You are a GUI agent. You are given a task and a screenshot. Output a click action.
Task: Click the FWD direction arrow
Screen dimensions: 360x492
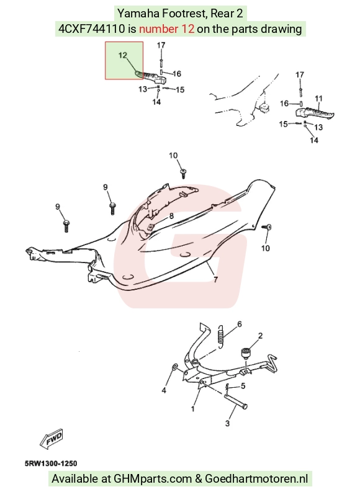coord(52,439)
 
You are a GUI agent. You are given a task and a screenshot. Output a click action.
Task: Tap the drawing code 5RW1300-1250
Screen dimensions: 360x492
coord(51,463)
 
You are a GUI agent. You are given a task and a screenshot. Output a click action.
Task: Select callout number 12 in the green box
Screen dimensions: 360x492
coord(123,55)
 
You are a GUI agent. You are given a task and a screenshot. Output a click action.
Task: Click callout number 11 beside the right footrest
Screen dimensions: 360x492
coord(318,99)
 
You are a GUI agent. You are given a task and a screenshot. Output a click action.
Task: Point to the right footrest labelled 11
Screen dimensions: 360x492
coord(315,113)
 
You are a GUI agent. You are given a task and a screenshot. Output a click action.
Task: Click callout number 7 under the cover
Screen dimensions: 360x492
coord(215,279)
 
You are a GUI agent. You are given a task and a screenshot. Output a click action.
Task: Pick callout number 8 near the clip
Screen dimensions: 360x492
coord(171,216)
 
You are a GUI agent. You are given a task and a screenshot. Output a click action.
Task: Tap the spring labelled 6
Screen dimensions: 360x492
coord(221,337)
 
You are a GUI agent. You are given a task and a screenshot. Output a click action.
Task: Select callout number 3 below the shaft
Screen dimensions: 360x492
coord(227,423)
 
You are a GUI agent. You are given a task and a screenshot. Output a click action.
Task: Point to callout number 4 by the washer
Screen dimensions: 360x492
coord(164,390)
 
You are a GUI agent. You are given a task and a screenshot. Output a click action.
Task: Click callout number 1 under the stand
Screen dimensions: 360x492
coord(192,409)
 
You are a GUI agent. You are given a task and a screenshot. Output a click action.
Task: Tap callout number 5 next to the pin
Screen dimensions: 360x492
coord(243,386)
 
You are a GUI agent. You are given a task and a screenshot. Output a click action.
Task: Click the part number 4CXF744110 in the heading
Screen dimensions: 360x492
coord(92,29)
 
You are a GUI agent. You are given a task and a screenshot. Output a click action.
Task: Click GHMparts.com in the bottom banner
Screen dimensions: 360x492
coord(153,479)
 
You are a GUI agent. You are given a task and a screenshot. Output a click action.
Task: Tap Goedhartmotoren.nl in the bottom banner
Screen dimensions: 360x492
coord(256,479)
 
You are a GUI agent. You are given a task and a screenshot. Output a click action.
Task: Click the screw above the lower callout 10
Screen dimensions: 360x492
coord(268,228)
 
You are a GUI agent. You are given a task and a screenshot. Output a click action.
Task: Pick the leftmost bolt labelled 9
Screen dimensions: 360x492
coord(66,226)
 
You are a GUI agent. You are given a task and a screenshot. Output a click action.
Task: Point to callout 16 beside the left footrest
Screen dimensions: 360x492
coord(177,74)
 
